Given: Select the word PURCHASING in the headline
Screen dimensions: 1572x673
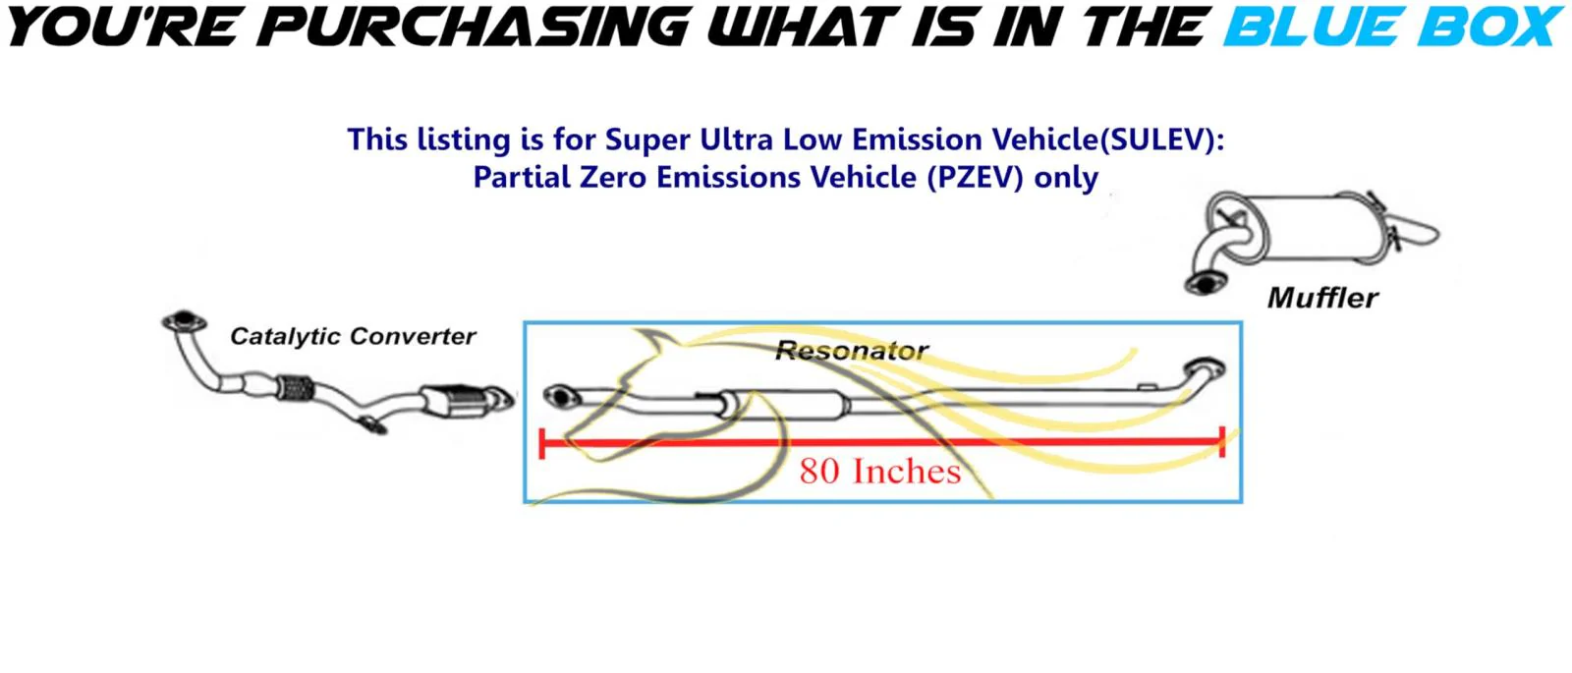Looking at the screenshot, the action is [474, 28].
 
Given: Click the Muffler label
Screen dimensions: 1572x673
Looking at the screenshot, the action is [1322, 298].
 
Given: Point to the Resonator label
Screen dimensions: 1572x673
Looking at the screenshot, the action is [852, 350].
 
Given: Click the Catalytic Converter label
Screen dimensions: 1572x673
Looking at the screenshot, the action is [353, 336].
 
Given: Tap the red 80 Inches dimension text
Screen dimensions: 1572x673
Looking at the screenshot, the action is [880, 471].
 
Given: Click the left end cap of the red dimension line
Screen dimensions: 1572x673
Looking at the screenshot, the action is [541, 443].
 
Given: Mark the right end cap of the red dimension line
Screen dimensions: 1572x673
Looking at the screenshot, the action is [1222, 442].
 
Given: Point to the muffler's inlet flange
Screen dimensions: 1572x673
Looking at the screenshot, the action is [1206, 284].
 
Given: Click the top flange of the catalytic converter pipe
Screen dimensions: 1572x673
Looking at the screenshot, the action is [184, 320].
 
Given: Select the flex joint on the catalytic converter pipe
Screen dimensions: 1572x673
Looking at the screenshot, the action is [295, 387].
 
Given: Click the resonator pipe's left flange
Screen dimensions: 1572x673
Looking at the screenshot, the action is [561, 397].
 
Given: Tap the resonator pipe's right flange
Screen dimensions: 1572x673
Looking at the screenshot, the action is [1205, 368].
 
